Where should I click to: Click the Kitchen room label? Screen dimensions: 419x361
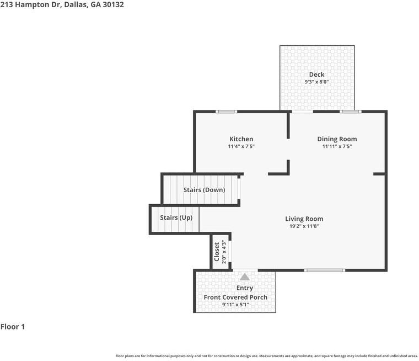coord(241,139)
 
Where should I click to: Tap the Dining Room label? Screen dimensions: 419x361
coord(337,139)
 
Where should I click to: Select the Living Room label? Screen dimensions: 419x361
coord(304,219)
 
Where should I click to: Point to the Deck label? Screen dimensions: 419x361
coord(316,75)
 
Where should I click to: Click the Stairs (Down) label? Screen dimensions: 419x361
coord(204,190)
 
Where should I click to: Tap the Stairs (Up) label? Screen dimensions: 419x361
coord(176,217)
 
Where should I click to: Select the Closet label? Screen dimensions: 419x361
coord(217,252)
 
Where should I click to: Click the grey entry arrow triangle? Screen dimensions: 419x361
coord(244,277)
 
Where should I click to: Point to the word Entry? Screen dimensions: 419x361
coord(244,288)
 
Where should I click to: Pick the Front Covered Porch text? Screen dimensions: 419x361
coord(235,298)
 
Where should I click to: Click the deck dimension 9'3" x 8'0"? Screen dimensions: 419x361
coord(316,82)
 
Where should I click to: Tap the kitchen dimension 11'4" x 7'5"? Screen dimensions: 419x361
coord(241,146)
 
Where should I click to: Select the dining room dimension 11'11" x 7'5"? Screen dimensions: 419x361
coord(337,146)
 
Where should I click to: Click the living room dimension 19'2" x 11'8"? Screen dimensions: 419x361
coord(304,226)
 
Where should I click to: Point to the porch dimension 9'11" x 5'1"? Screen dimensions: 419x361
coord(235,305)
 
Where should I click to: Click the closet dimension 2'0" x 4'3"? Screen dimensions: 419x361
coord(224,252)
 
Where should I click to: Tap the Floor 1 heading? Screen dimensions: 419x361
coord(13,327)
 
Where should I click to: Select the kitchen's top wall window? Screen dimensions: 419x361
coord(227,112)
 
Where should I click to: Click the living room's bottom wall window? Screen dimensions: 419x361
coord(325,270)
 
